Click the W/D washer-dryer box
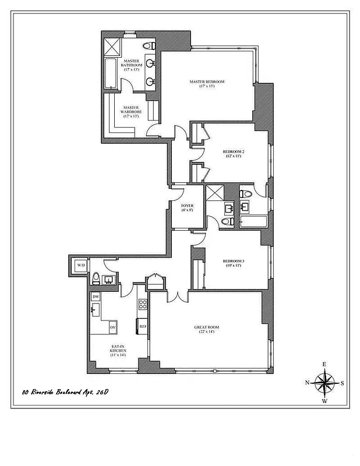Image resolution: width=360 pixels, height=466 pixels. click(x=79, y=266)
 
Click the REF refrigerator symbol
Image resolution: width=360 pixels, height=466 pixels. click(x=142, y=327)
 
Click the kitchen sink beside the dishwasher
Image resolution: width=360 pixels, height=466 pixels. click(x=95, y=309)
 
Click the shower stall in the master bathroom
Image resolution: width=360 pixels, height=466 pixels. click(x=111, y=45)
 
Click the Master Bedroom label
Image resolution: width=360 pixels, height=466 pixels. click(x=207, y=82)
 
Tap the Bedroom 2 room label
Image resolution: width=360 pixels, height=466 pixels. click(x=232, y=151)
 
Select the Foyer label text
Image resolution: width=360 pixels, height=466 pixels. click(x=187, y=206)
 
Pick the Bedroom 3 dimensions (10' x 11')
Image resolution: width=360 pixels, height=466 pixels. click(x=232, y=265)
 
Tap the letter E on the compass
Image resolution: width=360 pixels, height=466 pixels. click(x=325, y=365)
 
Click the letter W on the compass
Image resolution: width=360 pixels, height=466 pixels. click(x=325, y=401)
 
